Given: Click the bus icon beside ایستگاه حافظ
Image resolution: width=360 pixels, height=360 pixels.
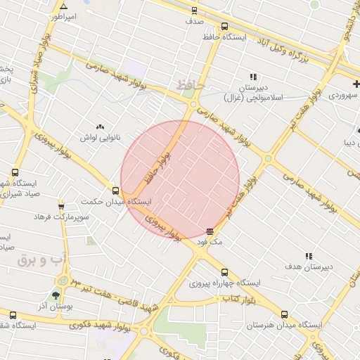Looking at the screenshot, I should click(x=224, y=26).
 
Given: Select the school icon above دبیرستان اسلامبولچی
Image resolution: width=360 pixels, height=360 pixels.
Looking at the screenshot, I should click(x=252, y=77).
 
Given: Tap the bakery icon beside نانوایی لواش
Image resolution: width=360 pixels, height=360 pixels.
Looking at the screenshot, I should click(x=99, y=127).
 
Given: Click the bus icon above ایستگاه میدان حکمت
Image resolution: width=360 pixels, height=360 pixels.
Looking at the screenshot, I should click(x=115, y=191).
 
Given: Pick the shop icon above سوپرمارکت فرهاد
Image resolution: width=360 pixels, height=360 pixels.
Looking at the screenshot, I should click(x=61, y=206).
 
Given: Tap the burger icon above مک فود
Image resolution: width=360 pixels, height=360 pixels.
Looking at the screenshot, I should click(x=210, y=231).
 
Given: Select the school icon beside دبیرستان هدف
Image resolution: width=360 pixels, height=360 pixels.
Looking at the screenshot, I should click(x=308, y=257).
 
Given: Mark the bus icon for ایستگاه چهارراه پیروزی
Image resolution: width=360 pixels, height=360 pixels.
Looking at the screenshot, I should click(x=224, y=272).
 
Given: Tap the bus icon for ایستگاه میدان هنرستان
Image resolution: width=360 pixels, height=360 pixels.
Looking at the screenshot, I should click(x=284, y=315).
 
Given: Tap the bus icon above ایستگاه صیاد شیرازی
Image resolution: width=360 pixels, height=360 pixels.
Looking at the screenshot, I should click(x=15, y=172).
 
